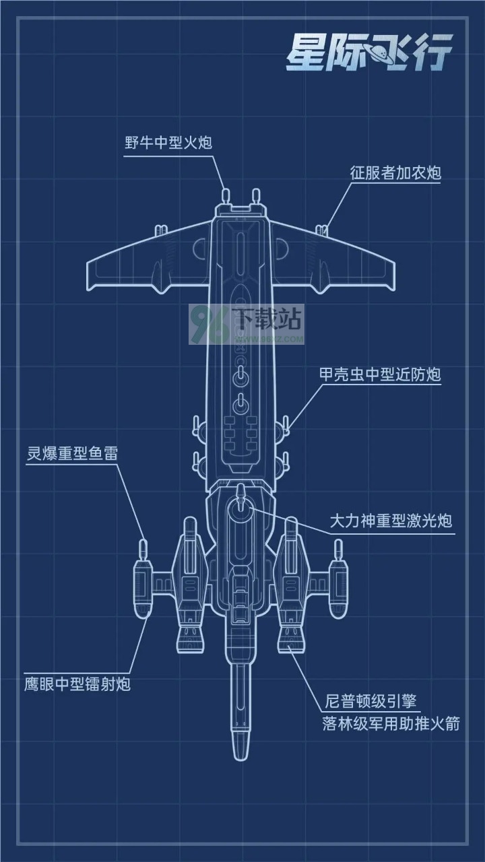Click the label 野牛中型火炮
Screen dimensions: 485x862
click(x=168, y=143)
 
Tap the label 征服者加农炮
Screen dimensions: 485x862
click(x=395, y=173)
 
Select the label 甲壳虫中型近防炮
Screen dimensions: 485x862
click(x=380, y=374)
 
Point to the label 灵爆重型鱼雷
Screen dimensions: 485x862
click(x=72, y=453)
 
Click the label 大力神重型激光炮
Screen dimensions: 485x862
click(x=391, y=521)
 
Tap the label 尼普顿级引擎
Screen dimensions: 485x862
click(x=370, y=701)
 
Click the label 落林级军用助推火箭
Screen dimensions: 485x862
click(x=391, y=723)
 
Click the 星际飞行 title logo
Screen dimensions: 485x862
click(x=368, y=53)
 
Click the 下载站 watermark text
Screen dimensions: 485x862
click(x=268, y=319)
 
